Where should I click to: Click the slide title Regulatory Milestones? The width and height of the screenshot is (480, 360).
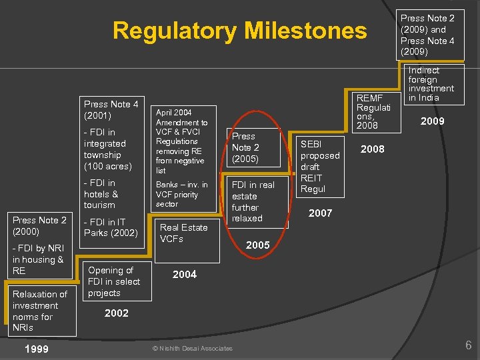(x=239, y=31)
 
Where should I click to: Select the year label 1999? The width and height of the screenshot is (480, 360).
(x=36, y=349)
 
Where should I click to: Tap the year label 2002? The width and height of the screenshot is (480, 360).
(x=117, y=313)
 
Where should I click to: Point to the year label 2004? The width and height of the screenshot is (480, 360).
(x=185, y=275)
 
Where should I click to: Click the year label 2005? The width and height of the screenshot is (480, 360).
(x=258, y=245)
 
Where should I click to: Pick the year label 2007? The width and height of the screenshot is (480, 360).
(x=320, y=213)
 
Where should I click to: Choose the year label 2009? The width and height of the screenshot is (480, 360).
(x=433, y=121)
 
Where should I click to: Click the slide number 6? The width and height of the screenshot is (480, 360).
(x=468, y=345)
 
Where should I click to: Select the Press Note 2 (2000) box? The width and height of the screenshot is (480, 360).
(x=39, y=226)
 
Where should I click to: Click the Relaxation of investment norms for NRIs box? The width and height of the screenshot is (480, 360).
(x=40, y=311)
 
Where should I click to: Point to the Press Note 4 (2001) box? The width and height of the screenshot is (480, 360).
(x=111, y=109)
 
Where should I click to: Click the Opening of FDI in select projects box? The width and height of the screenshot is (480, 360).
(x=114, y=281)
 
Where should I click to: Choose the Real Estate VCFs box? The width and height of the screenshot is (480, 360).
(x=183, y=233)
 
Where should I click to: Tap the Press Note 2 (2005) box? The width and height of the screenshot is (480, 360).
(x=253, y=147)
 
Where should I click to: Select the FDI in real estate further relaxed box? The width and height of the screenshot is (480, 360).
(x=253, y=201)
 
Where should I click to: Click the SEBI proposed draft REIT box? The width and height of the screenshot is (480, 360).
(x=320, y=167)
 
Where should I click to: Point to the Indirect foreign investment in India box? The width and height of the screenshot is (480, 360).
(x=431, y=84)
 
